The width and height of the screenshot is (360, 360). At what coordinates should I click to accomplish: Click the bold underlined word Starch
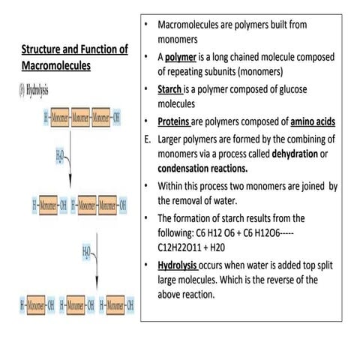pyautogui.click(x=174, y=90)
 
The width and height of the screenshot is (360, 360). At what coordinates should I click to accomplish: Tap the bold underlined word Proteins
pyautogui.click(x=178, y=122)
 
